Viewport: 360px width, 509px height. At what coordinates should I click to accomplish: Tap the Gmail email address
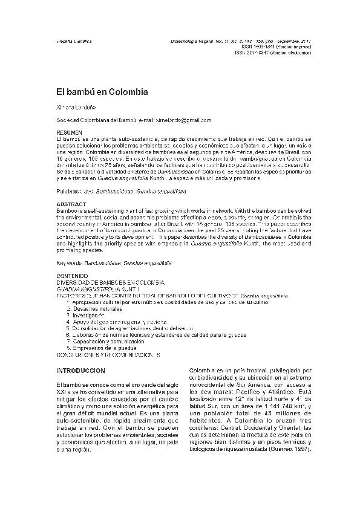tap(175, 120)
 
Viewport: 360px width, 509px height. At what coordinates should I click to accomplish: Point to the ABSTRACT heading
tap(69, 204)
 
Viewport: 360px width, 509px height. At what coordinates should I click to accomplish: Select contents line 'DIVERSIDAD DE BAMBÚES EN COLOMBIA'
tap(110, 282)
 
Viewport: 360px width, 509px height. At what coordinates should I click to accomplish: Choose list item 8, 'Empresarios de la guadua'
tap(103, 348)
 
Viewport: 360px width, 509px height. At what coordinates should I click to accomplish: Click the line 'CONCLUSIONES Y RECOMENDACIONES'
tap(108, 355)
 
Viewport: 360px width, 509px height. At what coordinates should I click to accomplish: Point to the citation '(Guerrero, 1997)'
tap(290, 450)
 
